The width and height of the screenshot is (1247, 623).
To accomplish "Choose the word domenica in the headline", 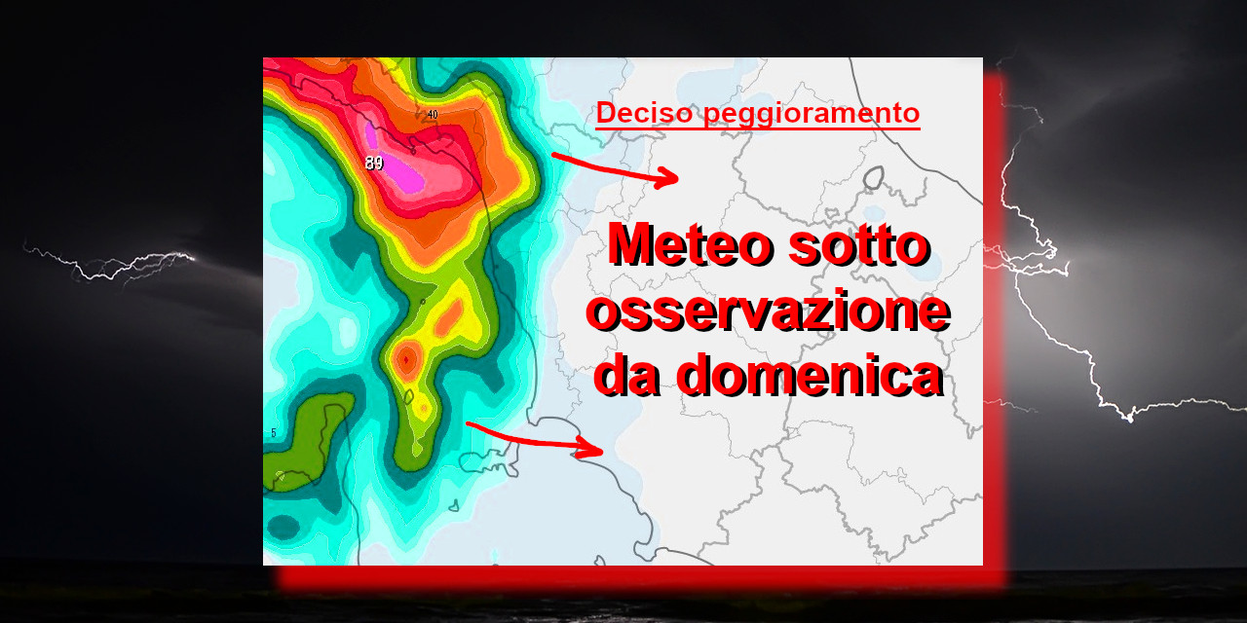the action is (810, 375).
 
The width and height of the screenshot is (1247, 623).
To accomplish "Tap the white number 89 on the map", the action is (374, 163).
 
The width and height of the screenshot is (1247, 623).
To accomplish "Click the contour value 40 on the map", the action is (433, 115).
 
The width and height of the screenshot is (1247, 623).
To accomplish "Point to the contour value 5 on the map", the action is (274, 433).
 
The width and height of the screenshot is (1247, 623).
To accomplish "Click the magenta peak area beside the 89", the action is (399, 166).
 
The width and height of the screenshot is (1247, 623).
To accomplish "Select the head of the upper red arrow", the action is (667, 177).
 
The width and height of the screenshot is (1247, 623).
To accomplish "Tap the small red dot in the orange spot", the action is (406, 360).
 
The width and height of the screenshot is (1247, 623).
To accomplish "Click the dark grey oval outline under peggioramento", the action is (874, 177).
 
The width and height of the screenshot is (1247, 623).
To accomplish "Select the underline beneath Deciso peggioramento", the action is (758, 129).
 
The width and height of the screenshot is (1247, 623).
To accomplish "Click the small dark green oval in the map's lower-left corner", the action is (283, 527).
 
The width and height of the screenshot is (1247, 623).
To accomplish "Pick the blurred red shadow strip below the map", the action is (640, 577).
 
